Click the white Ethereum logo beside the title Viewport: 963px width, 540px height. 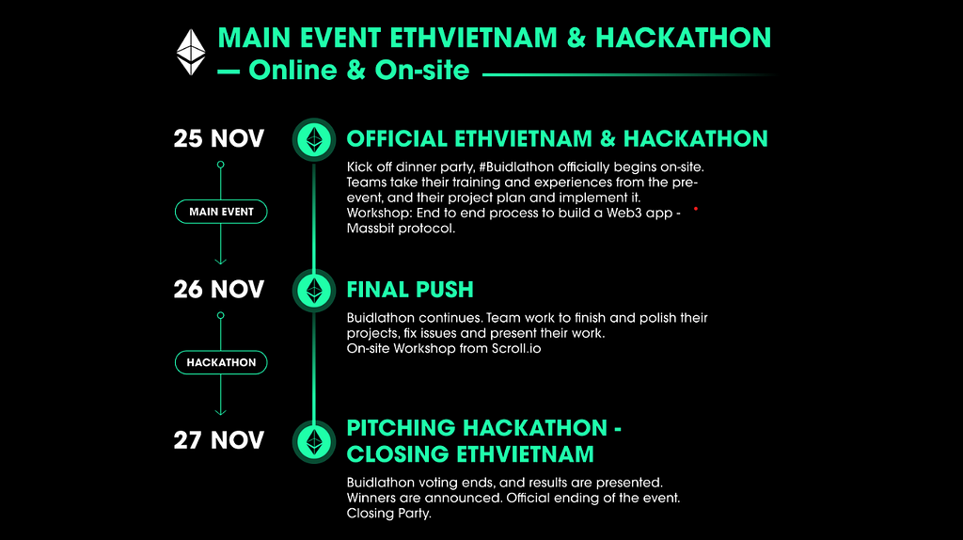pyautogui.click(x=191, y=53)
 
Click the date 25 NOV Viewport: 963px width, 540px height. pyautogui.click(x=218, y=139)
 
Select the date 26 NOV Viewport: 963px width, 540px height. pyautogui.click(x=218, y=290)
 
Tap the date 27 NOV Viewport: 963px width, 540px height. pyautogui.click(x=218, y=440)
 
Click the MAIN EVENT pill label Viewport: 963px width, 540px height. pyautogui.click(x=221, y=212)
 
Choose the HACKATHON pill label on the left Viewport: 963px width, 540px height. pyautogui.click(x=221, y=362)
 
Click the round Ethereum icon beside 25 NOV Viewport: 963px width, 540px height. pyautogui.click(x=314, y=139)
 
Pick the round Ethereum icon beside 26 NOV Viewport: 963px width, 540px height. pyautogui.click(x=314, y=291)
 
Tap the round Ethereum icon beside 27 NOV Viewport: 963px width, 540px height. pyautogui.click(x=314, y=442)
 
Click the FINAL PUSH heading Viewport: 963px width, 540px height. pyautogui.click(x=410, y=290)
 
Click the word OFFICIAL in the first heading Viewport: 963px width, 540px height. pyautogui.click(x=397, y=139)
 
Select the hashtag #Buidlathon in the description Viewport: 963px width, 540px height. pyautogui.click(x=516, y=167)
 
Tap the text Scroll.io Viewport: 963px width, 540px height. pyautogui.click(x=516, y=349)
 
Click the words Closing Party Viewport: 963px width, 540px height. pyautogui.click(x=388, y=514)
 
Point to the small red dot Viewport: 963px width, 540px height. pyautogui.click(x=696, y=209)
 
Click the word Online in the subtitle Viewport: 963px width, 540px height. pyautogui.click(x=293, y=70)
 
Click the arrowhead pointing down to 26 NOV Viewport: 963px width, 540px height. pyautogui.click(x=220, y=262)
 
